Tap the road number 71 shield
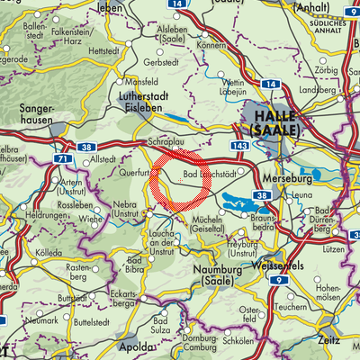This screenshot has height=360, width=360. pyautogui.click(x=61, y=158)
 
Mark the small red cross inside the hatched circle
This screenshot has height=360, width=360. pyautogui.click(x=180, y=181)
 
